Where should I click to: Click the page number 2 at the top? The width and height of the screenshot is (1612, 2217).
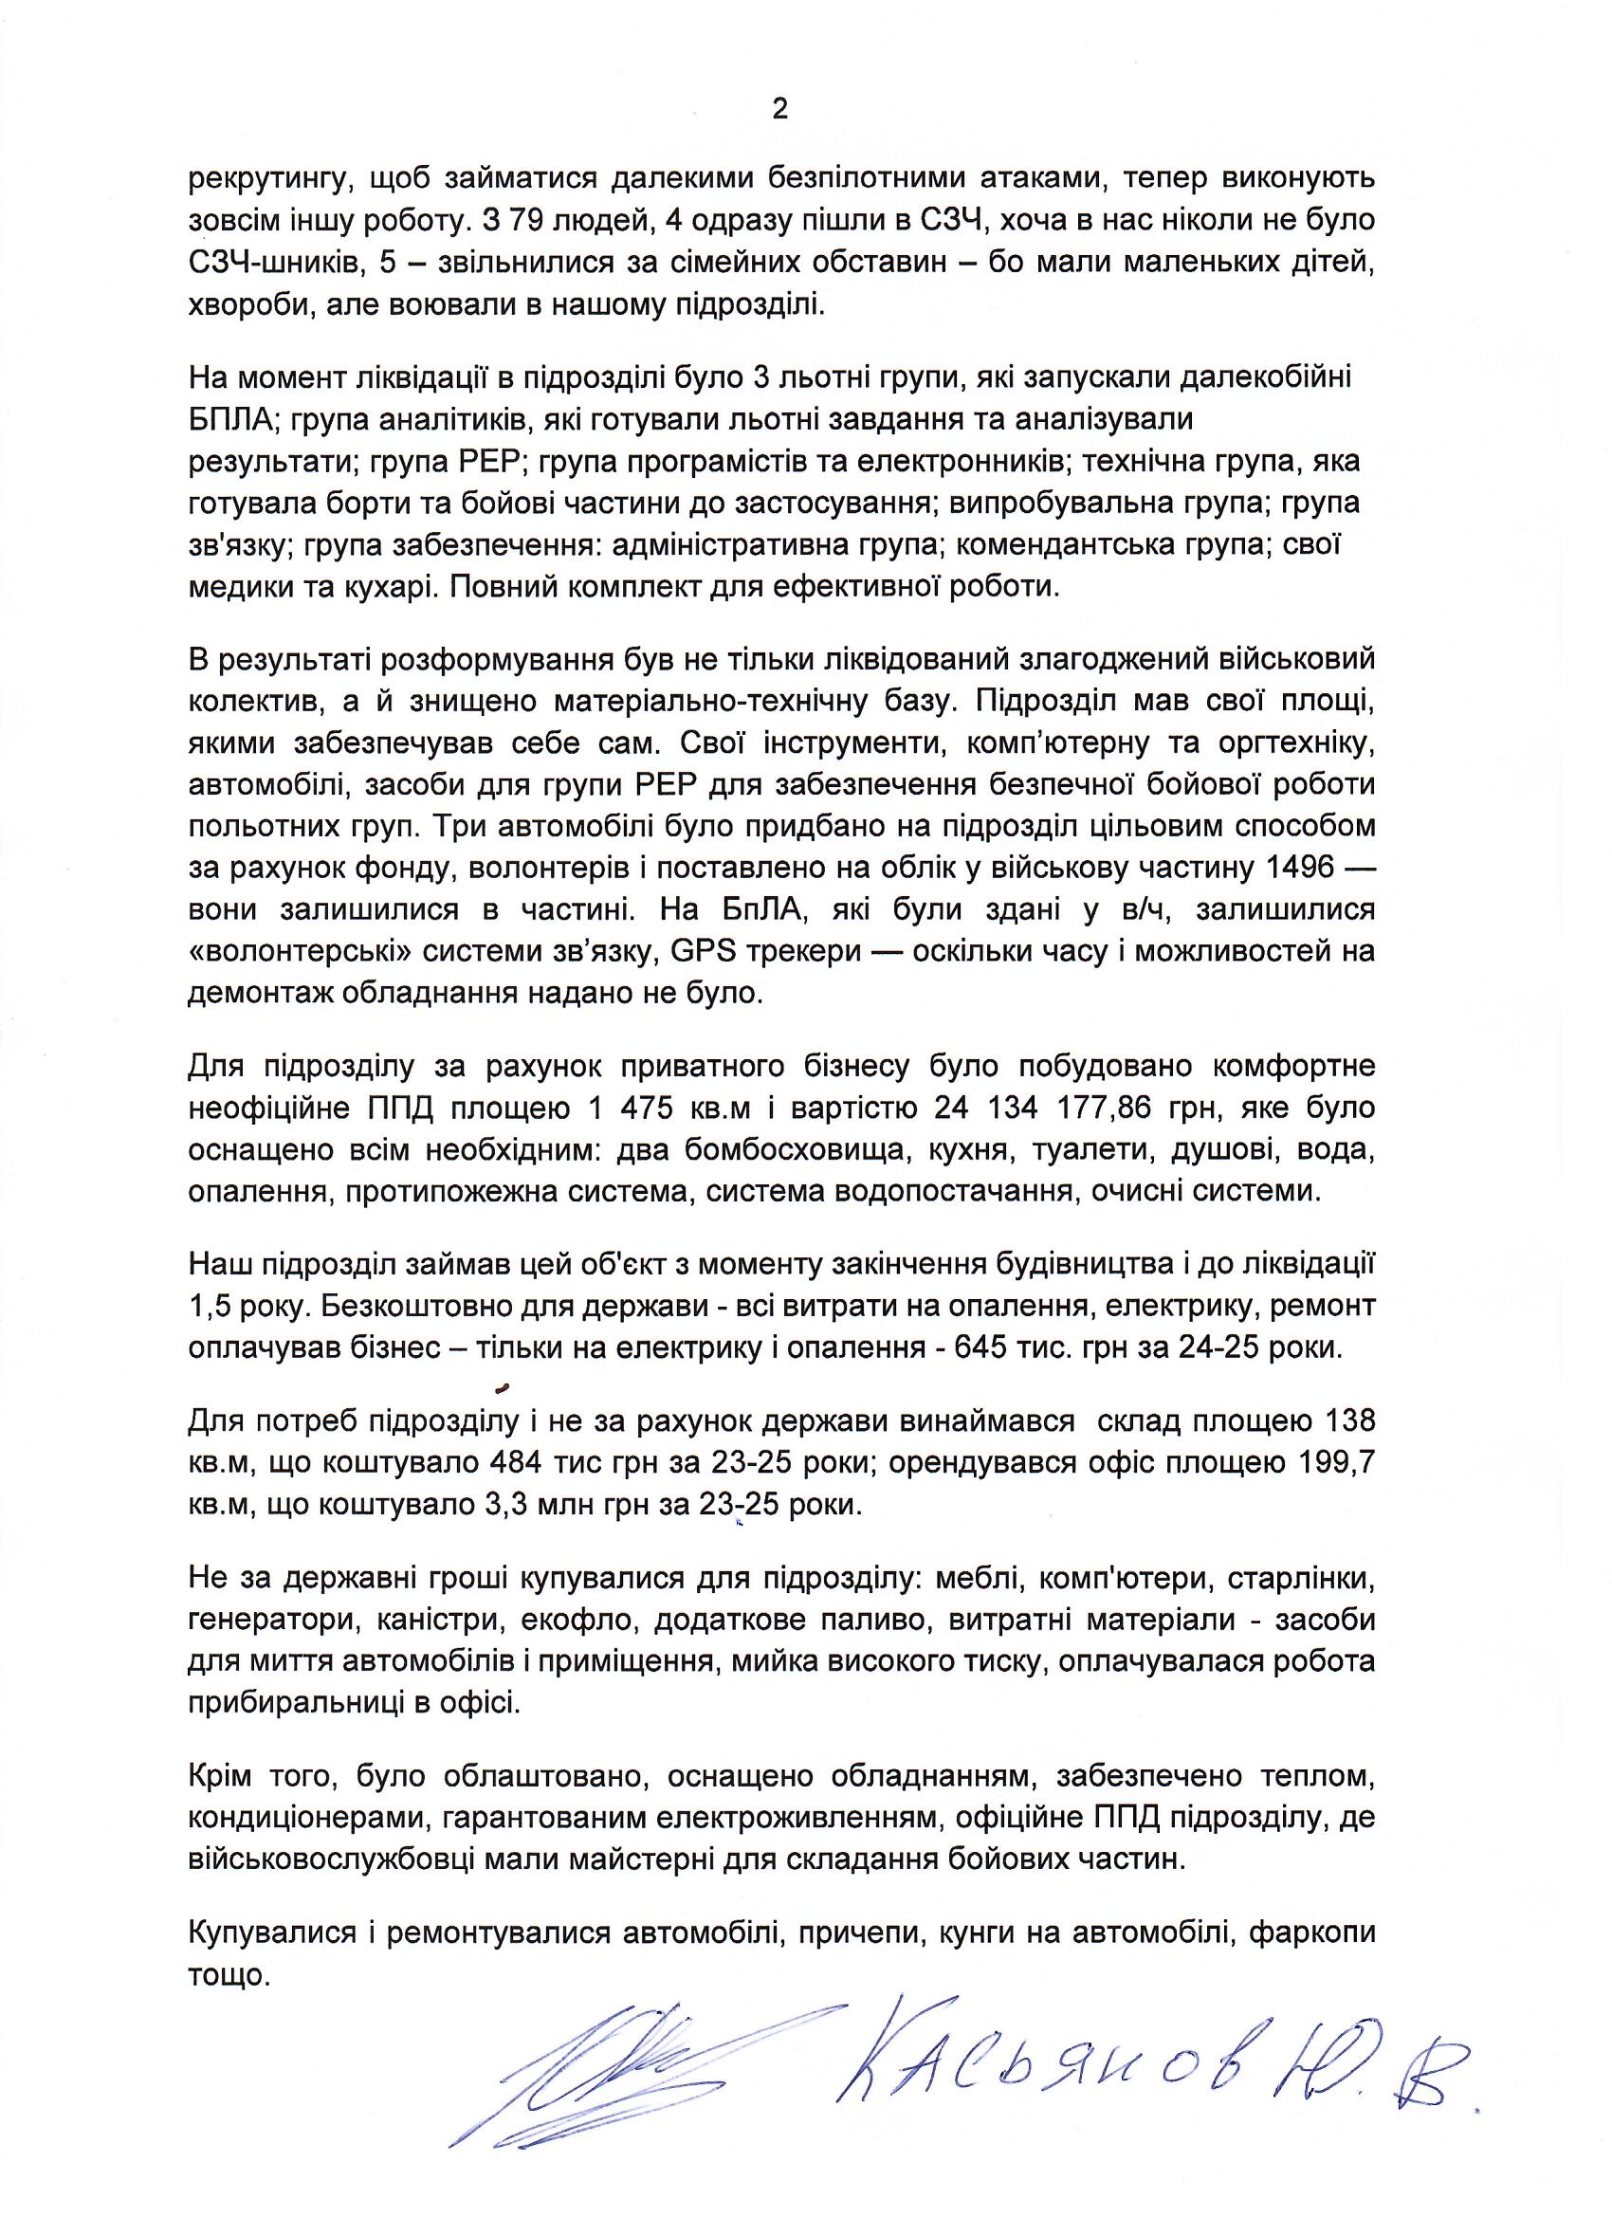click(779, 109)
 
